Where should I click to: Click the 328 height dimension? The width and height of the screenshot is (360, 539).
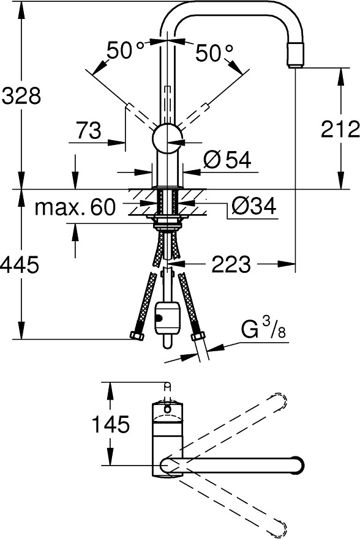(x=21, y=95)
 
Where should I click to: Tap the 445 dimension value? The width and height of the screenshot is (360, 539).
(x=19, y=265)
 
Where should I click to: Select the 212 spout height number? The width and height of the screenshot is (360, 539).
(x=340, y=129)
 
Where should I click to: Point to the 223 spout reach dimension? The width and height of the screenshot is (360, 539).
(x=231, y=264)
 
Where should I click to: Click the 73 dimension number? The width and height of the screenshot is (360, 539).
(x=89, y=130)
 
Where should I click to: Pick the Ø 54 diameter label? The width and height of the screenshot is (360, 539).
(x=227, y=160)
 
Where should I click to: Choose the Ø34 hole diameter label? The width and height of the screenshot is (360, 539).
(x=253, y=206)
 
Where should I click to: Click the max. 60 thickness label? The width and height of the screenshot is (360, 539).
(x=75, y=207)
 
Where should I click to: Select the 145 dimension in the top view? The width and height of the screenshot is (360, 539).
(x=110, y=424)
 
